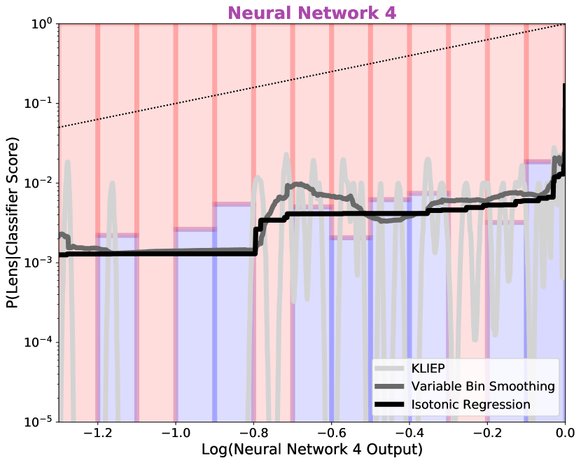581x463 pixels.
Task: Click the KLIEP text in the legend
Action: click(x=428, y=368)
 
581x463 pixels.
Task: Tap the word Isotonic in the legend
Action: click(x=433, y=405)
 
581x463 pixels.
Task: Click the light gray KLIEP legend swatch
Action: click(x=390, y=368)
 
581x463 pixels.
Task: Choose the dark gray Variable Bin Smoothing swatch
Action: click(x=390, y=387)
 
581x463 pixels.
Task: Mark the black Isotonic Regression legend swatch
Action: click(x=390, y=405)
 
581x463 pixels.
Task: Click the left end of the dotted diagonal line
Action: click(x=61, y=127)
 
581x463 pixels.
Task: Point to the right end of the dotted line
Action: click(x=563, y=25)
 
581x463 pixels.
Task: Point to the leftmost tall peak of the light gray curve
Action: click(x=68, y=163)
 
